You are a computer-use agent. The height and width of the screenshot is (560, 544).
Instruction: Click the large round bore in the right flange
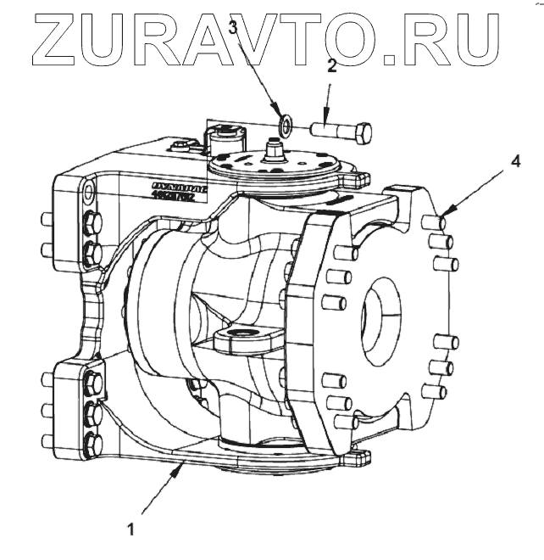point(377,314)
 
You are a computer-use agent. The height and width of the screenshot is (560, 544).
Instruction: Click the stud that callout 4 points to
point(434,223)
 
